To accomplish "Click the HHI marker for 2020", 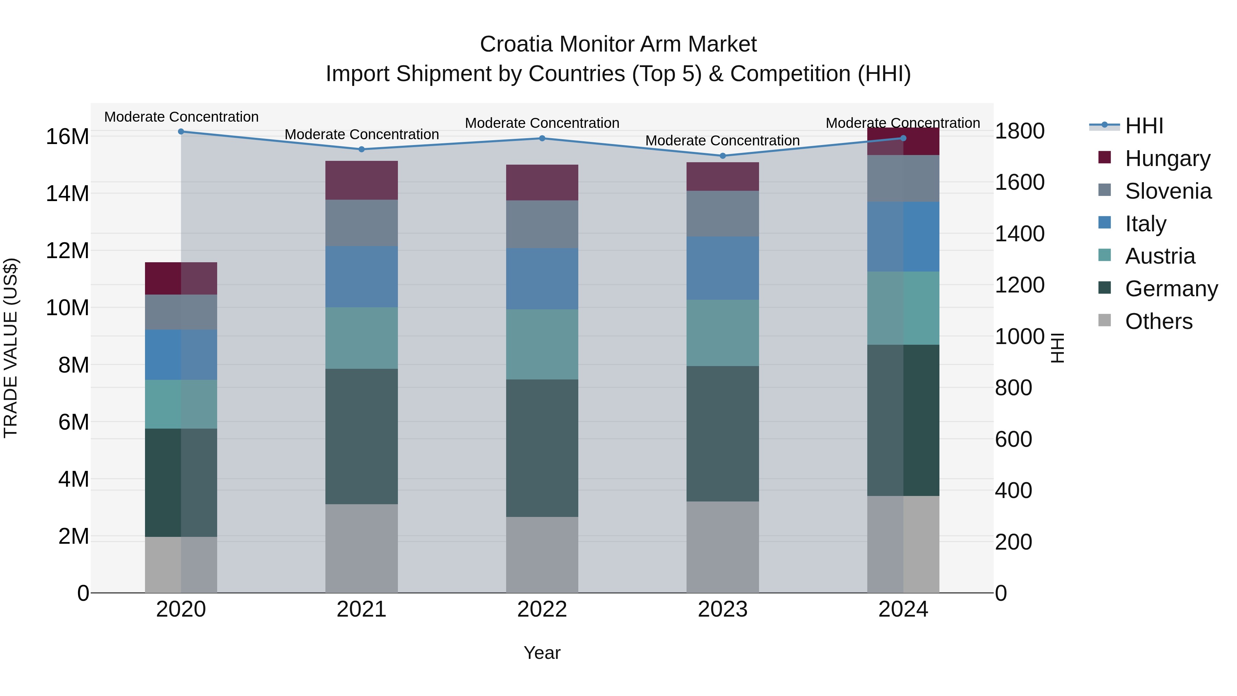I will [x=181, y=132].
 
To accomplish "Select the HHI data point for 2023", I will [x=722, y=156].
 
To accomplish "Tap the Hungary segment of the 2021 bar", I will [x=361, y=180].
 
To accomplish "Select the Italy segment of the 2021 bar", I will [x=361, y=277].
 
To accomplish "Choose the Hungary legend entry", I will [x=1167, y=158].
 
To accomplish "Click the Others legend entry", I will [x=1158, y=321].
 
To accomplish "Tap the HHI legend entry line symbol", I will [x=1104, y=125].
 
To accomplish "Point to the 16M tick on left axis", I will [x=67, y=137].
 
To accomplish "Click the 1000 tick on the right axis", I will [x=1019, y=337].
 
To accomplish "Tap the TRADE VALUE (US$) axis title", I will [x=11, y=348].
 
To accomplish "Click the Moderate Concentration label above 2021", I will [x=361, y=134].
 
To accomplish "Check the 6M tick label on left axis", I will [x=74, y=422].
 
